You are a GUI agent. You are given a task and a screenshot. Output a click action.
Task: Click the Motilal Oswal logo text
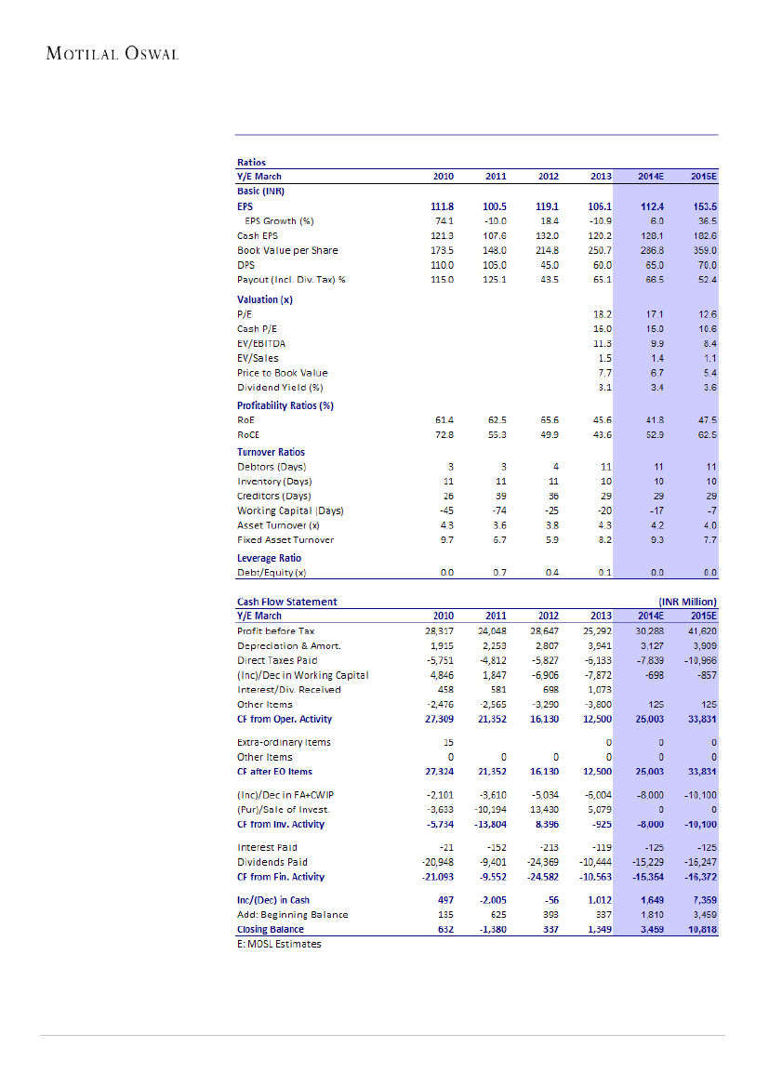tap(112, 53)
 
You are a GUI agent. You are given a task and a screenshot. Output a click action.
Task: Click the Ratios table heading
tap(252, 163)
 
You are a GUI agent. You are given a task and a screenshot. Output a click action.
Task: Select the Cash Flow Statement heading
tap(286, 602)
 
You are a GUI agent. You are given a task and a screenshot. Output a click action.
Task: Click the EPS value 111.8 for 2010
tap(441, 206)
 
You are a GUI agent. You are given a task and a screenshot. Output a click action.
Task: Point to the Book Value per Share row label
tap(287, 250)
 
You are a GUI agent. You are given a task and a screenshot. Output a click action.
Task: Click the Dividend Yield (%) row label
tap(279, 387)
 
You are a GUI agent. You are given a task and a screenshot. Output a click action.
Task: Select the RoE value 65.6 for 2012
tap(548, 420)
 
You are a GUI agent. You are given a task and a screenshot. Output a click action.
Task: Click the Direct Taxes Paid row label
tap(277, 660)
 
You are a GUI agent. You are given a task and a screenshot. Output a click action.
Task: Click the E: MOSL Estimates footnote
tap(279, 944)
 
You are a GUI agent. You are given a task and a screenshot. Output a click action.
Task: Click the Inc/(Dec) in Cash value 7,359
tap(703, 900)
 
